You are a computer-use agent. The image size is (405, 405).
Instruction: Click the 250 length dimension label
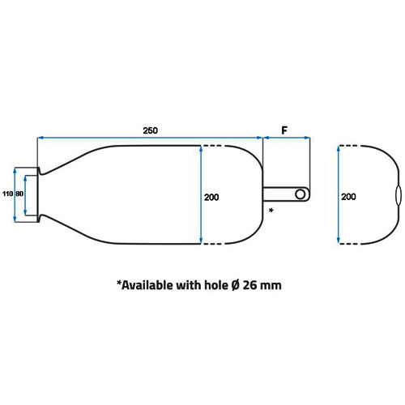150,130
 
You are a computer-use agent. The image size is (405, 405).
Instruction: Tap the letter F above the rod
284,130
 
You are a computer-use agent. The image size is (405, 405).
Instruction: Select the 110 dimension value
7,194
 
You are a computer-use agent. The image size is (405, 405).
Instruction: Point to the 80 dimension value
19,194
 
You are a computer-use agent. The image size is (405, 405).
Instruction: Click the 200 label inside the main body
211,198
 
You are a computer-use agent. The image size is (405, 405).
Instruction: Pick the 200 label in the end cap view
348,197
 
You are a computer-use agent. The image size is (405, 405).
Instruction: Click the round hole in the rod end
301,194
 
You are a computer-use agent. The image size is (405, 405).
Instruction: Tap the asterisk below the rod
271,210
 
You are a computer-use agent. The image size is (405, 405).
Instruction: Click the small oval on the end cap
399,195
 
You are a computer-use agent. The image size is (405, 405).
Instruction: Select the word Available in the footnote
145,285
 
